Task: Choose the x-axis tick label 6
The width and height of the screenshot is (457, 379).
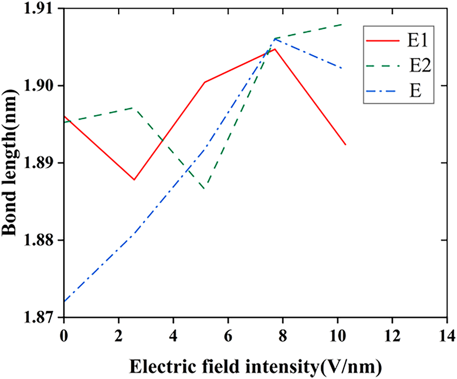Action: (x=228, y=335)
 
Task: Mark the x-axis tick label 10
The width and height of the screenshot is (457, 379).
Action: (x=338, y=335)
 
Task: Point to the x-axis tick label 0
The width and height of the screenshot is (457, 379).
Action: (x=64, y=335)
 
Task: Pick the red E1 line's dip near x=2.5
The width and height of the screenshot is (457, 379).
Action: (x=134, y=180)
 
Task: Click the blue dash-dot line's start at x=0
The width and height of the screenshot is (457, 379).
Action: (x=64, y=301)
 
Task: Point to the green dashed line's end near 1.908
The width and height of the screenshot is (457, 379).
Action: (x=341, y=25)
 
